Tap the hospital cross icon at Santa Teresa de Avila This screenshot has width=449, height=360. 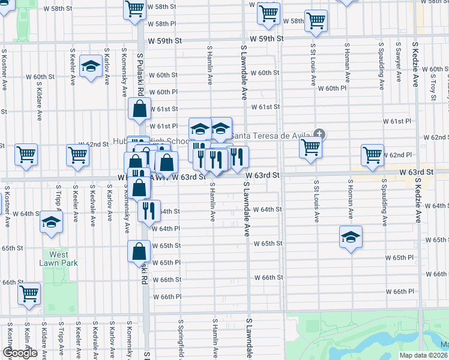319,134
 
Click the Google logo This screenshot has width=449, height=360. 20,352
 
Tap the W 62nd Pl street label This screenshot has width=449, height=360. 400,155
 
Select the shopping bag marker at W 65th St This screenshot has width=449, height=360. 139,251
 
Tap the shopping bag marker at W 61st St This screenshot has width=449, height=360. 139,110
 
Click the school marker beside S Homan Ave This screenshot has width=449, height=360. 351,237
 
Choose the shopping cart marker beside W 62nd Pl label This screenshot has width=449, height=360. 372,155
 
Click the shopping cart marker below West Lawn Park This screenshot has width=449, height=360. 29,294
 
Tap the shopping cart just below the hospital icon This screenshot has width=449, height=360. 310,147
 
